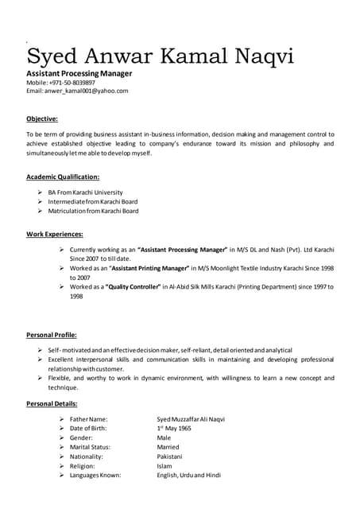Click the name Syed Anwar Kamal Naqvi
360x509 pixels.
160,56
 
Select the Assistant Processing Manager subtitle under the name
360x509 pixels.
79,73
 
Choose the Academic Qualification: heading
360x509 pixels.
63,177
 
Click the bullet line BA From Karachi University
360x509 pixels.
85,192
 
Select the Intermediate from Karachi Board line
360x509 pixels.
92,202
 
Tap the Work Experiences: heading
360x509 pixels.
55,235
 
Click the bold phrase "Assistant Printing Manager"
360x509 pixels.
155,269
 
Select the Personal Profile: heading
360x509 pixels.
52,335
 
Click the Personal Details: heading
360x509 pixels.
52,405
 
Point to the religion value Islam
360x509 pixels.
164,466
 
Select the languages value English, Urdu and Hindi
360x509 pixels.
188,476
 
